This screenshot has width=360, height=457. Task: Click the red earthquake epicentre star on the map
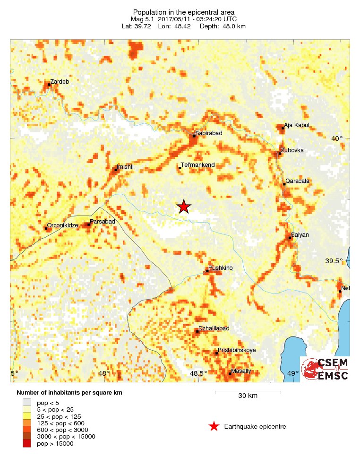(x=184, y=207)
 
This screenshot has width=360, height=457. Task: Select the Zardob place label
(x=60, y=82)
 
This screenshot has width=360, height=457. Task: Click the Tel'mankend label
(x=197, y=165)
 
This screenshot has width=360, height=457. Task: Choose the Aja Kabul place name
(x=297, y=125)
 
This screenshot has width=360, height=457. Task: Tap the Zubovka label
(x=292, y=151)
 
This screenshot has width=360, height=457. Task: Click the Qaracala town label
(x=297, y=181)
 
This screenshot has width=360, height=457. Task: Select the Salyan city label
(x=300, y=235)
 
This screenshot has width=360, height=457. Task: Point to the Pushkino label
(x=221, y=268)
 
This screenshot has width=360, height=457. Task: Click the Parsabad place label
(x=103, y=222)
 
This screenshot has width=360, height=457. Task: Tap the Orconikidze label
(x=62, y=226)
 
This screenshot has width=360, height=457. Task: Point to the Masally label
(x=241, y=371)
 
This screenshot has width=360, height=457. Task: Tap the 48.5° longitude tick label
(x=198, y=373)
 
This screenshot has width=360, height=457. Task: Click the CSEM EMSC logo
(x=326, y=369)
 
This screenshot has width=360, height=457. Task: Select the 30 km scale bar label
(x=248, y=396)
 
